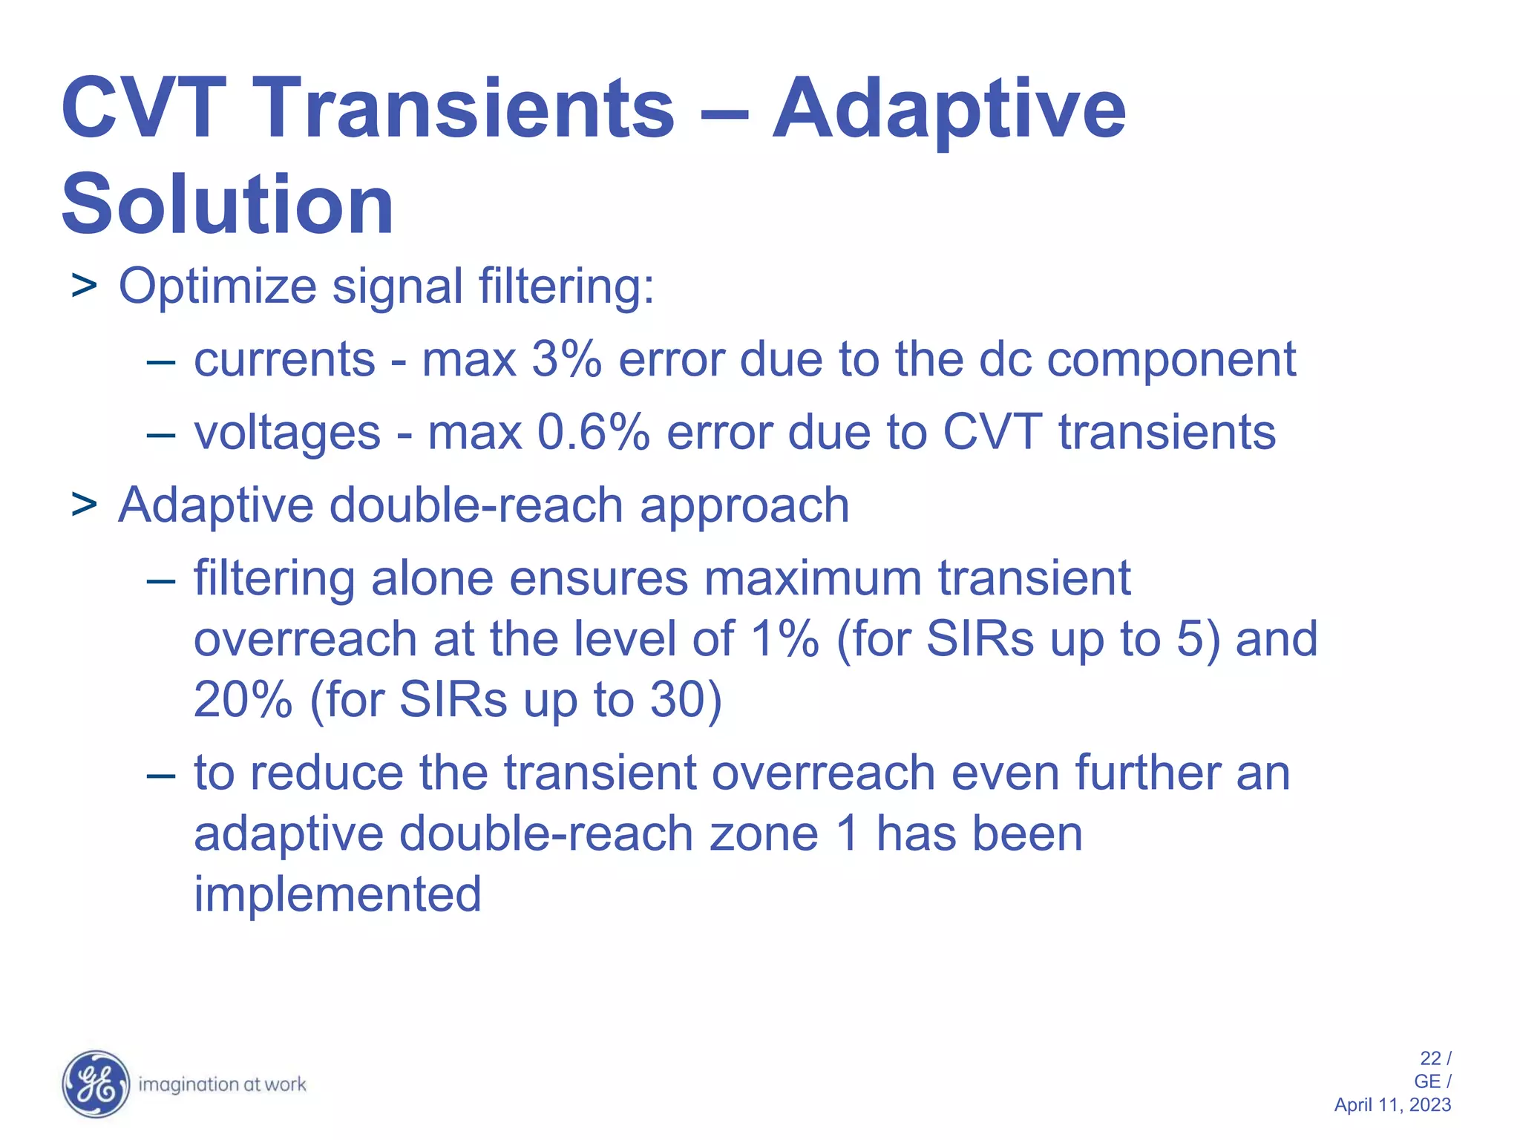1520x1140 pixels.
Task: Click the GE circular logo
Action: pyautogui.click(x=96, y=1084)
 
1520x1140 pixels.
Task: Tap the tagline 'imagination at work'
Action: pyautogui.click(x=222, y=1084)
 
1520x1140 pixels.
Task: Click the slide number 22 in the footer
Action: pyautogui.click(x=1430, y=1058)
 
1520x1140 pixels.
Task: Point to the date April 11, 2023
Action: pyautogui.click(x=1392, y=1105)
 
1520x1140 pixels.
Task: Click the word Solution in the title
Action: pyautogui.click(x=227, y=204)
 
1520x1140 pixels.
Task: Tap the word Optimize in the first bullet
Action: pyautogui.click(x=217, y=286)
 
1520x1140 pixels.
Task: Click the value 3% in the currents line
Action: pyautogui.click(x=566, y=360)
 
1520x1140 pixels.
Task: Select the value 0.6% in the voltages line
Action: pyautogui.click(x=594, y=432)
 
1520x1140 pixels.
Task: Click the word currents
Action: pyautogui.click(x=284, y=361)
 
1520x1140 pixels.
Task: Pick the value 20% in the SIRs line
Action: pyautogui.click(x=243, y=699)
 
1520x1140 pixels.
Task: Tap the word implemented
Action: pyautogui.click(x=338, y=894)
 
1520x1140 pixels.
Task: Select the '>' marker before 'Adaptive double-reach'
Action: pyautogui.click(x=84, y=505)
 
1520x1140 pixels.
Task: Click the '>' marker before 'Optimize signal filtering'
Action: pyautogui.click(x=84, y=286)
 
